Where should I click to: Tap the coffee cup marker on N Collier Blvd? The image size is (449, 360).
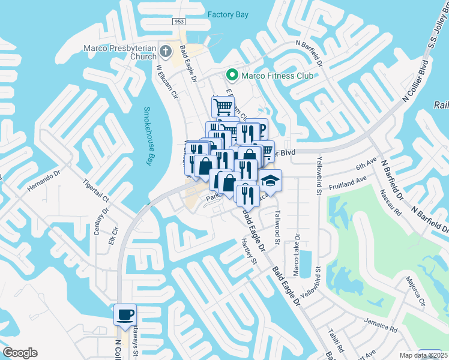(125, 314)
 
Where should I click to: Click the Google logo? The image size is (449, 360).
(20, 353)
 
